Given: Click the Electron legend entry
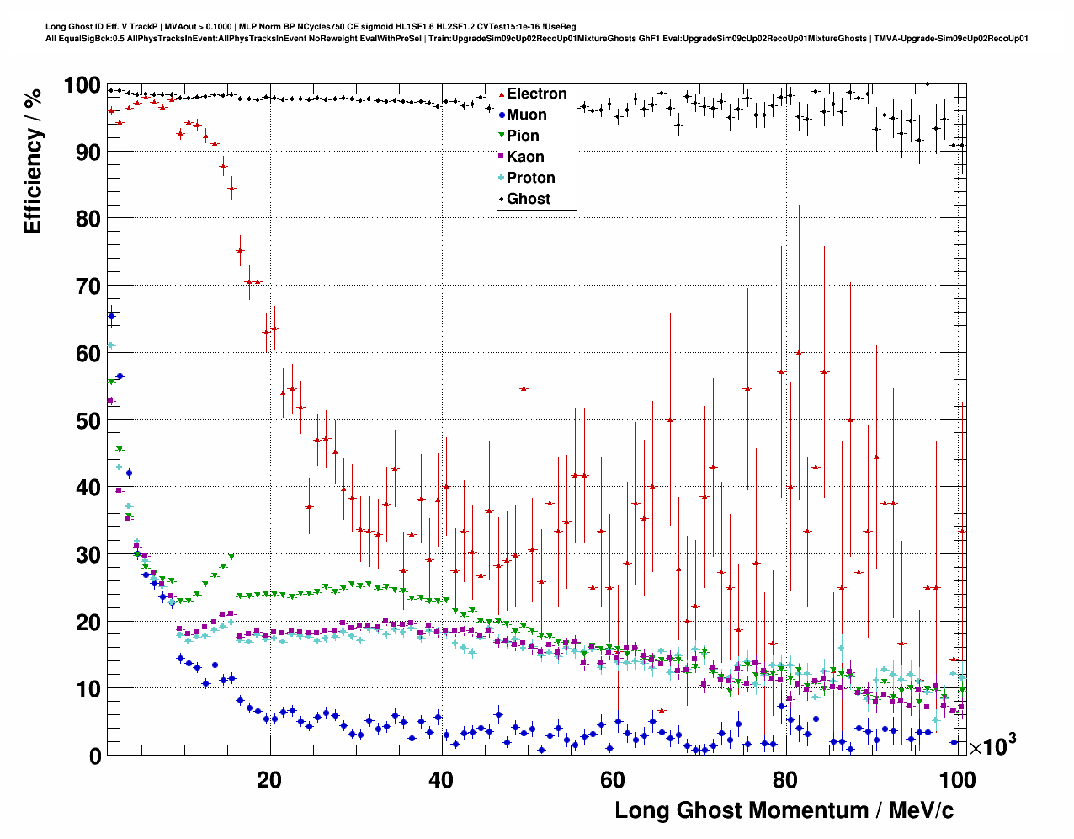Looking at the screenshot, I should click(536, 94).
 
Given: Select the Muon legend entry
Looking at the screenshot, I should click(526, 115).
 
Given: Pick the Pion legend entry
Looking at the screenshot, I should click(523, 136).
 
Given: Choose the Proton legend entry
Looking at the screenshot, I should click(530, 178).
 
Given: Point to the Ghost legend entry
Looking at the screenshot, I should click(528, 199).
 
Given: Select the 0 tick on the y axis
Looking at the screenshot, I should click(94, 756).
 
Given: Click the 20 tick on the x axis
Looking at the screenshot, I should click(269, 780).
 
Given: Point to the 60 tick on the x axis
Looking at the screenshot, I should click(614, 780).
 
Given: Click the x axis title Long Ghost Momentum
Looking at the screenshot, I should click(784, 810).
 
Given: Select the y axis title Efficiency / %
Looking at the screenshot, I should click(33, 161).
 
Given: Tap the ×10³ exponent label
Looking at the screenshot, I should click(993, 745).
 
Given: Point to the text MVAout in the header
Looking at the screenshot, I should click(186, 27).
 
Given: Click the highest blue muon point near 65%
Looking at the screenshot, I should click(111, 316).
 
